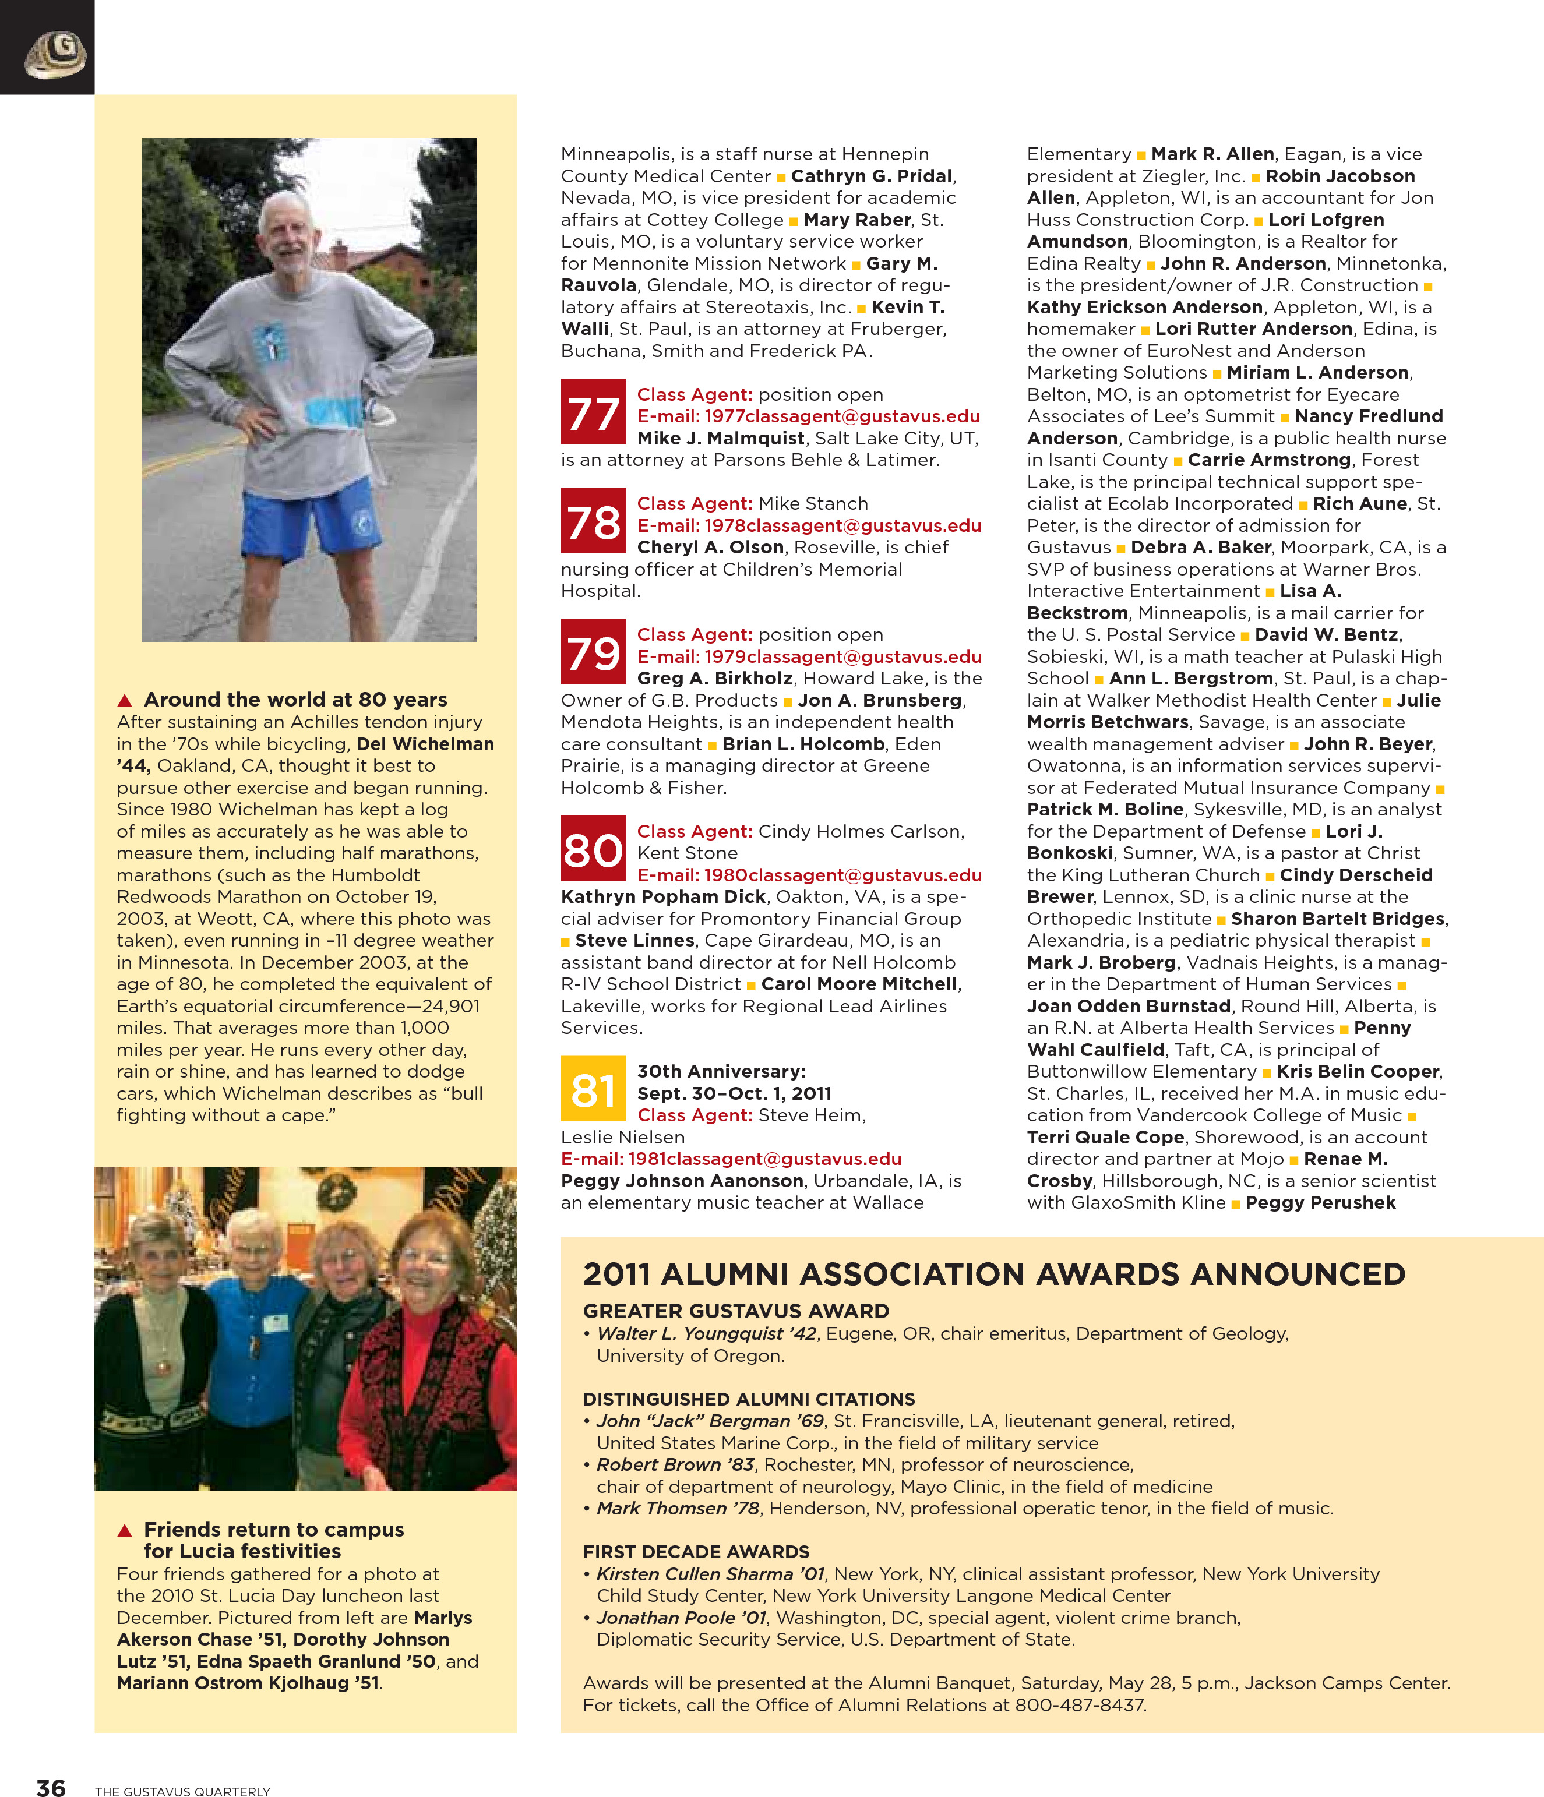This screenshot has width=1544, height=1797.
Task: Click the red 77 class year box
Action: click(593, 411)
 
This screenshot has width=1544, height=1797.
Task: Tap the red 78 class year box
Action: click(593, 520)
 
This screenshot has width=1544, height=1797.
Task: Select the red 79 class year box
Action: click(593, 651)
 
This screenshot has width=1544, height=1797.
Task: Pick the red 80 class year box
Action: click(593, 848)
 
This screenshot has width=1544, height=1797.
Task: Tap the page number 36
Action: click(50, 1787)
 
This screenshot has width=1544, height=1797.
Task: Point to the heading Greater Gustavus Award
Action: click(735, 1311)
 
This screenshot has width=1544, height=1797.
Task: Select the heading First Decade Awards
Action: click(696, 1552)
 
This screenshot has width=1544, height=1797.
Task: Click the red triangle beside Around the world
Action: click(125, 700)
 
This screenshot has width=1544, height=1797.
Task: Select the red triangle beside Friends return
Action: click(125, 1530)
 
